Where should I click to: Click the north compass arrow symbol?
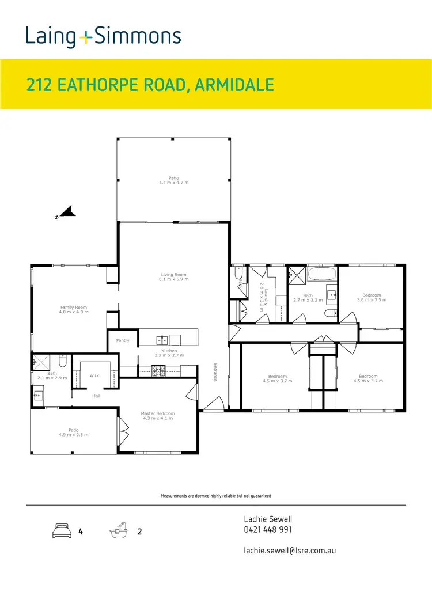coord(67,212)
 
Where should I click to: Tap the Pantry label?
coord(123,340)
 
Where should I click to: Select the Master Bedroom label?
coord(157,413)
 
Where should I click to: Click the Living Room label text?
coord(173,275)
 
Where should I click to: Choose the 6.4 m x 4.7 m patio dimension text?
coord(173,183)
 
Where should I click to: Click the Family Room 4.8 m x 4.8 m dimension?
coord(74,312)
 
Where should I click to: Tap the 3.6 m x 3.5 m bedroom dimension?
coord(372,300)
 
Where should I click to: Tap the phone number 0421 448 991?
coord(267,530)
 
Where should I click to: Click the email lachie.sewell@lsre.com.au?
coord(290,550)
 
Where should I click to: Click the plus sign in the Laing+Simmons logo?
coord(85,37)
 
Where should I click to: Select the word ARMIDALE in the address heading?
coord(234,85)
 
